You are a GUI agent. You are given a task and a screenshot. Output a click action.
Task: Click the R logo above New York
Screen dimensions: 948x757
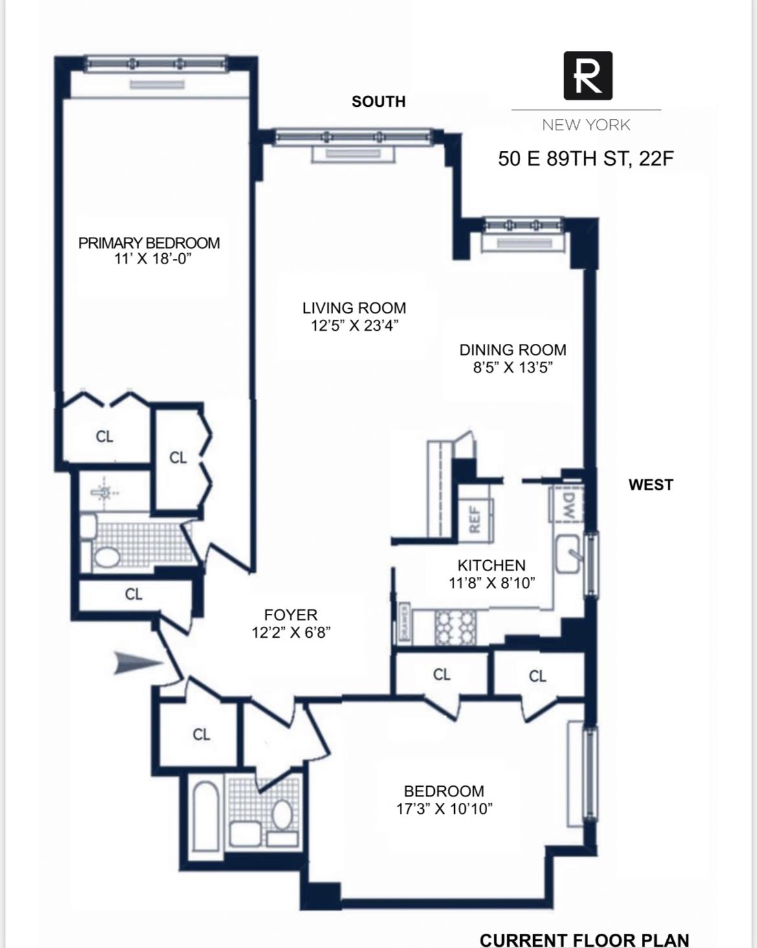(587, 76)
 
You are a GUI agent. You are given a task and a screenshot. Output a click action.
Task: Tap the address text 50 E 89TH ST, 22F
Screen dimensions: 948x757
(586, 159)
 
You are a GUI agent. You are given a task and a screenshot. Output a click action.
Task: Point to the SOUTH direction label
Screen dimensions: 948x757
(378, 102)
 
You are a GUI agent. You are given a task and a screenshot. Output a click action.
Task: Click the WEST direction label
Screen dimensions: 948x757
(650, 484)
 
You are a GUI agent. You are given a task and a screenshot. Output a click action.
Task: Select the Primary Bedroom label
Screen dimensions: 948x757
(149, 243)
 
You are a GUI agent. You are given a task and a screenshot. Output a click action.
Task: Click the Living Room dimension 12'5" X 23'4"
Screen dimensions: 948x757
(354, 326)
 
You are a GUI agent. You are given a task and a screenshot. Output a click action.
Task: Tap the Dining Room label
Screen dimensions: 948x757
(512, 350)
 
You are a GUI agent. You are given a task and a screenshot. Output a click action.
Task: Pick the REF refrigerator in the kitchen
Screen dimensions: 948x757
(475, 518)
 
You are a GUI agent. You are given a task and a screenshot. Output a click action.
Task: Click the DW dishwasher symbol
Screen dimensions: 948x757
(568, 504)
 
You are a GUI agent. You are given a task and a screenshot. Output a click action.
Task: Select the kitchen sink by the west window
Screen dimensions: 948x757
(568, 554)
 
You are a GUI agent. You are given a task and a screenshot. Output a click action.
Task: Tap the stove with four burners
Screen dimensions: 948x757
(455, 627)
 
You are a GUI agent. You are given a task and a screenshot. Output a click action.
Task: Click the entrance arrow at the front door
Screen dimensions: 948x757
(138, 663)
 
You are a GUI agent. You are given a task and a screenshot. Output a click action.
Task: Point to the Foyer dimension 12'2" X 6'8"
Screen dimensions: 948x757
(291, 632)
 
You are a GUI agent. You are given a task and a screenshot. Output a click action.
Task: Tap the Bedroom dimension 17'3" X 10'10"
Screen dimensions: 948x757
(444, 808)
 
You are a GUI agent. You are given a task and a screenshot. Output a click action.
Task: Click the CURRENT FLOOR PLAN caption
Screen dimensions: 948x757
(584, 940)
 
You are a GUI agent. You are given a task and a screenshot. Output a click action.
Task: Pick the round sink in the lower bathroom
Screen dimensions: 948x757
(282, 814)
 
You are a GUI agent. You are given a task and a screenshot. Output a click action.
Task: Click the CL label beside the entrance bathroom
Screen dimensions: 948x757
(201, 734)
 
